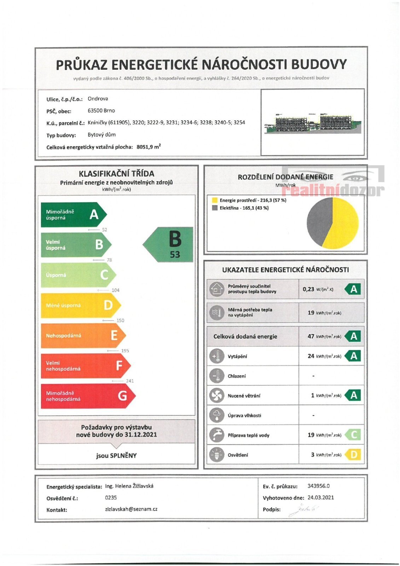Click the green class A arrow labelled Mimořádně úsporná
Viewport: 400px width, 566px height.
[73, 214]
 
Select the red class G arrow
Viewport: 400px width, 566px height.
[87, 396]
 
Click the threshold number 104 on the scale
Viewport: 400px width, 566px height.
[115, 290]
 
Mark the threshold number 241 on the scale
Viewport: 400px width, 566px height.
[130, 381]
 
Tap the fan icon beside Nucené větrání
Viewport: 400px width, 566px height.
[216, 395]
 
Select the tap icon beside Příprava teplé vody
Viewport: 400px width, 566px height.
[216, 435]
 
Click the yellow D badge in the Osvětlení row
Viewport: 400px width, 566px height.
[354, 455]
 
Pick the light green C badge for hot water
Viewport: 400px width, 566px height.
[354, 435]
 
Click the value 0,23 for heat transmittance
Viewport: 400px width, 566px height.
[308, 289]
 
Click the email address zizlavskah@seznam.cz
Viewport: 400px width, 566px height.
[131, 509]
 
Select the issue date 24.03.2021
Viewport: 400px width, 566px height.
[320, 497]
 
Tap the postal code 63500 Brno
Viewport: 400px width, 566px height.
[101, 110]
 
